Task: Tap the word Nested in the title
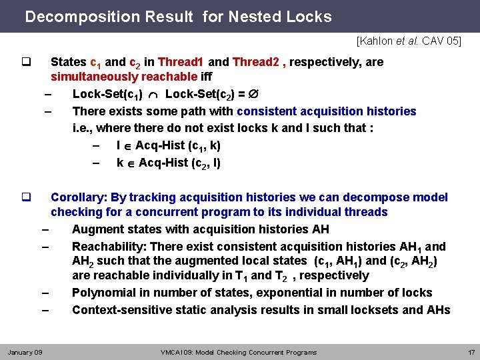[258, 17]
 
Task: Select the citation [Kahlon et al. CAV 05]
[409, 41]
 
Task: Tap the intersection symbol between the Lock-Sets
[154, 94]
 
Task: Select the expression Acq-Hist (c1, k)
[178, 145]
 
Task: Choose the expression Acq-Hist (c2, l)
[178, 163]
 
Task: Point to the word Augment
[95, 229]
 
